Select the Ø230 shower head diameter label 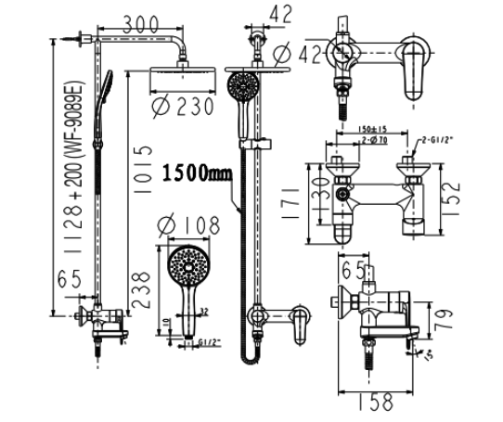pyautogui.click(x=186, y=107)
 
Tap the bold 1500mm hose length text pyautogui.click(x=197, y=173)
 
